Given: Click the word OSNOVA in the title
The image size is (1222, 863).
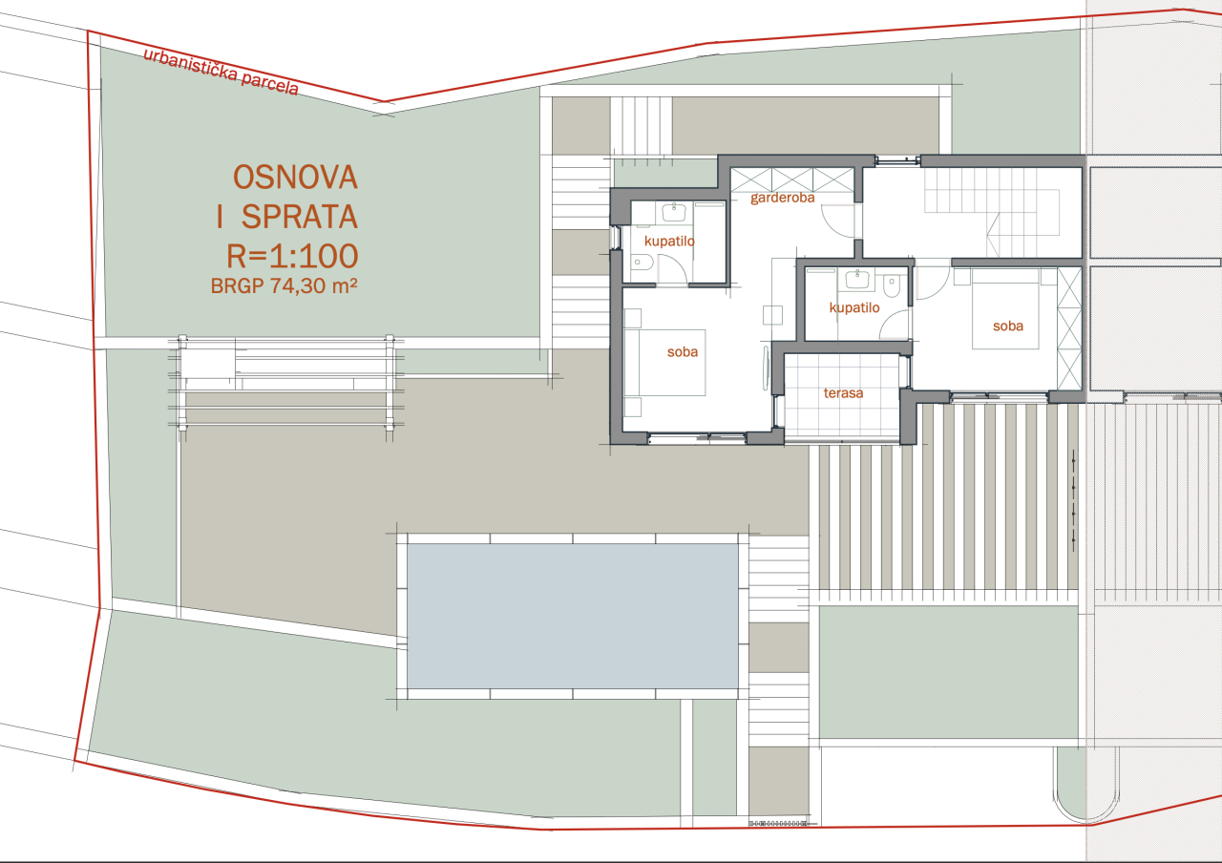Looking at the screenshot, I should (295, 177).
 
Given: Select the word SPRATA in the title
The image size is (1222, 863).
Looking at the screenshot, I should (299, 218).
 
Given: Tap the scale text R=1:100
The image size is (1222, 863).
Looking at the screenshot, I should (291, 256).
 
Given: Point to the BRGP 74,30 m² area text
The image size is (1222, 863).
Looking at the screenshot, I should (277, 284).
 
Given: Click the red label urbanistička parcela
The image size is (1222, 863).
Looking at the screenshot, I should (221, 73).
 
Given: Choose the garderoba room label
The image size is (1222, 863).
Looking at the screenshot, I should (782, 200).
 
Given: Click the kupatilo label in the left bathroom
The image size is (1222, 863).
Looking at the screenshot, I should (669, 241).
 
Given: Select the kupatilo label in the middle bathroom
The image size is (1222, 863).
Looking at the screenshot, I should (853, 307).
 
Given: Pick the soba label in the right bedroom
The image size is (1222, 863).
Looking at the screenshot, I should (1007, 326).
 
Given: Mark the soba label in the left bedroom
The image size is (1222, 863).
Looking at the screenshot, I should (682, 351).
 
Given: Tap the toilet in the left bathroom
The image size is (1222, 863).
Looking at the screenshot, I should (641, 263).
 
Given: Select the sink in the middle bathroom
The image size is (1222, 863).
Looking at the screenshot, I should (856, 278).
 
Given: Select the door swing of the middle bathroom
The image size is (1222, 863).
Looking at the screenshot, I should (894, 326).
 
